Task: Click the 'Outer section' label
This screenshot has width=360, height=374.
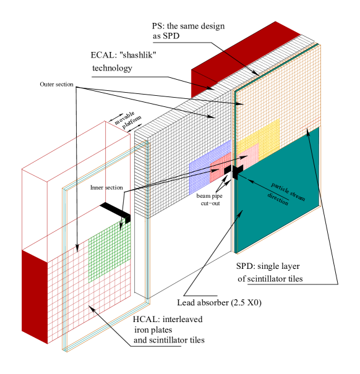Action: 56,85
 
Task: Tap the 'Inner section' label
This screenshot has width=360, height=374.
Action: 106,188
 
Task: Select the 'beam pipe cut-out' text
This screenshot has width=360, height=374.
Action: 210,200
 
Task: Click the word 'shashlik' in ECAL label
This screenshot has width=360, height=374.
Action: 137,56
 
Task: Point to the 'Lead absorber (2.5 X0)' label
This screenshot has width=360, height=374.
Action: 219,303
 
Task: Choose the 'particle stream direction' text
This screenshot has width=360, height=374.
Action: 286,194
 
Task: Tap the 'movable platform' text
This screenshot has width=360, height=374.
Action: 128,120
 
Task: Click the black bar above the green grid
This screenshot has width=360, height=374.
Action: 115,211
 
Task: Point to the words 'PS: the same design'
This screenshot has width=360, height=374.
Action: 189,26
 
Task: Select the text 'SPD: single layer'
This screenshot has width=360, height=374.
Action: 268,266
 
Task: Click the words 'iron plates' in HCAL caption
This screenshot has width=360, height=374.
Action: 153,330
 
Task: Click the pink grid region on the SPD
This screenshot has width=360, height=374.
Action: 248,155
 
